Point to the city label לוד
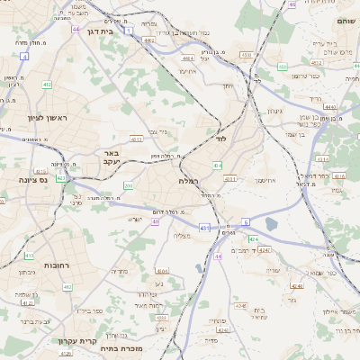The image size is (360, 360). click(x=220, y=139)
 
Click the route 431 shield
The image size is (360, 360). click(x=205, y=229)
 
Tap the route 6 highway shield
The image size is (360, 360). click(x=246, y=220)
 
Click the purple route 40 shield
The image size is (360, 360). click(x=156, y=221)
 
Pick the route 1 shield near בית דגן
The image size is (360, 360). click(x=129, y=30)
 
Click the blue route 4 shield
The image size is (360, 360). click(x=24, y=56)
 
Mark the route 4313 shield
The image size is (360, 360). click(x=136, y=139)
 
